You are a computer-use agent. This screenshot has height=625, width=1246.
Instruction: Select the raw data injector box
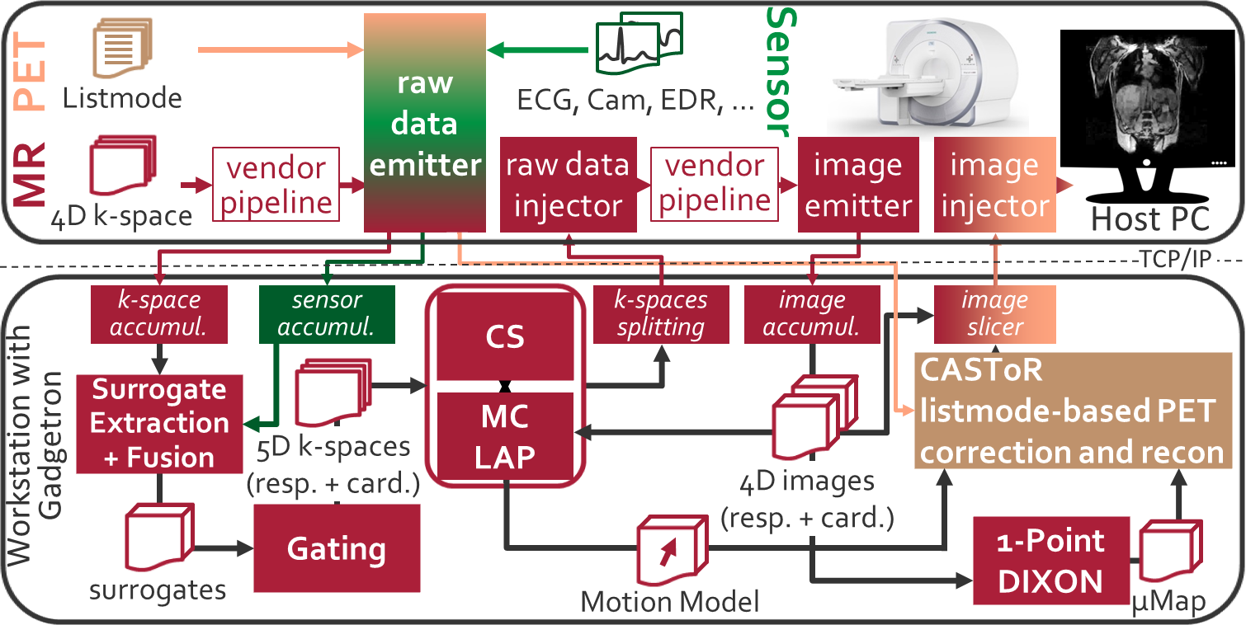(568, 184)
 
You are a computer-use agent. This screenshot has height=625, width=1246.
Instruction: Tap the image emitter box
(857, 184)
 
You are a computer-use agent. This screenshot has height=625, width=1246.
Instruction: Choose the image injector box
(993, 184)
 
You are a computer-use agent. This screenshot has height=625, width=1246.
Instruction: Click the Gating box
(336, 547)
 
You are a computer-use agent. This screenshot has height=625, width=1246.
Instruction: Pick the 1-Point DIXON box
(1051, 561)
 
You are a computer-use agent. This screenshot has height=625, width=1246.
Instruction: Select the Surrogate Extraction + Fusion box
(158, 423)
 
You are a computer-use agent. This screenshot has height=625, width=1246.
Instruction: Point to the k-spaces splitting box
(661, 314)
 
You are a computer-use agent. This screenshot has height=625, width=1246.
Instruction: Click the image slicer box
(993, 314)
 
